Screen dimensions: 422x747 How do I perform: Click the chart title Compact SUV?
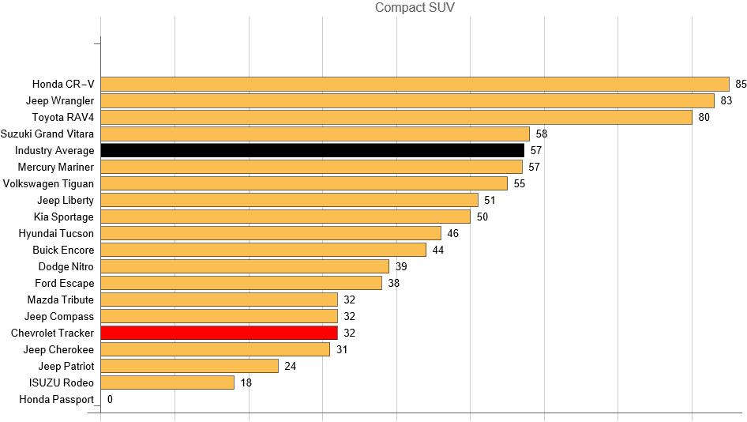(x=415, y=8)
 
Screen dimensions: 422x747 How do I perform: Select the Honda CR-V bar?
(x=415, y=84)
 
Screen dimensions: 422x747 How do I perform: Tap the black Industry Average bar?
(x=312, y=150)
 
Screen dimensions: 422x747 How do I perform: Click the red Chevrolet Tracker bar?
(x=219, y=333)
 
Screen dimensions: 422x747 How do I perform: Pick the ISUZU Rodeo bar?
(x=167, y=382)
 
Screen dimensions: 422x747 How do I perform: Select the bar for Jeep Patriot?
(x=190, y=366)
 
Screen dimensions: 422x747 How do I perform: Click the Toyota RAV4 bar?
(x=396, y=117)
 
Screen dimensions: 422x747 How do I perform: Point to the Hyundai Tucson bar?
(x=271, y=233)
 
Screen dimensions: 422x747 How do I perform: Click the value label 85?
(x=741, y=84)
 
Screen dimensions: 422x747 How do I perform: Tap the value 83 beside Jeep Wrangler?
(x=726, y=100)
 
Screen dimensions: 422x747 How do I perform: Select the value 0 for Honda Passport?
(x=110, y=399)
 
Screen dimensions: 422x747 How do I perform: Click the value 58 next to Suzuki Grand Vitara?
(x=542, y=134)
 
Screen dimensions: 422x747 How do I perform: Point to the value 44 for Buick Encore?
(x=438, y=250)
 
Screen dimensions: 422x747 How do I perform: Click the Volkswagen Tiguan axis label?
(x=48, y=183)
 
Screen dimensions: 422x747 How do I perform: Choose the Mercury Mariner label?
(x=55, y=167)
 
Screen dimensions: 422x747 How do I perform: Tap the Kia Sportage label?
(x=63, y=217)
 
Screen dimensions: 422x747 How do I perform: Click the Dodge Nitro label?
(x=66, y=266)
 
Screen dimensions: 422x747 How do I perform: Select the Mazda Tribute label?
(x=60, y=300)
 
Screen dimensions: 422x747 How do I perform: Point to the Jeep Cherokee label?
(x=58, y=349)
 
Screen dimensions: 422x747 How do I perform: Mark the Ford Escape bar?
(x=241, y=283)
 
